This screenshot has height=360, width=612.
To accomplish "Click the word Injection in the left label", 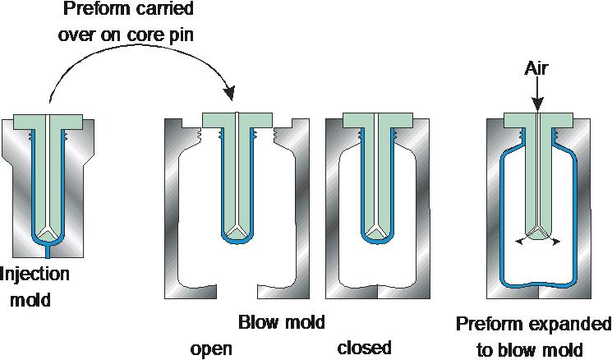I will coord(35,275).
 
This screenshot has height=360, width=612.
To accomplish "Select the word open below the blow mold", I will coord(210,348).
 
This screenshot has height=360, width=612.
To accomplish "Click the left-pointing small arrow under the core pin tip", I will coord(517,242).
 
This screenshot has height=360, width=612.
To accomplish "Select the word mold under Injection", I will coord(31,299).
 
